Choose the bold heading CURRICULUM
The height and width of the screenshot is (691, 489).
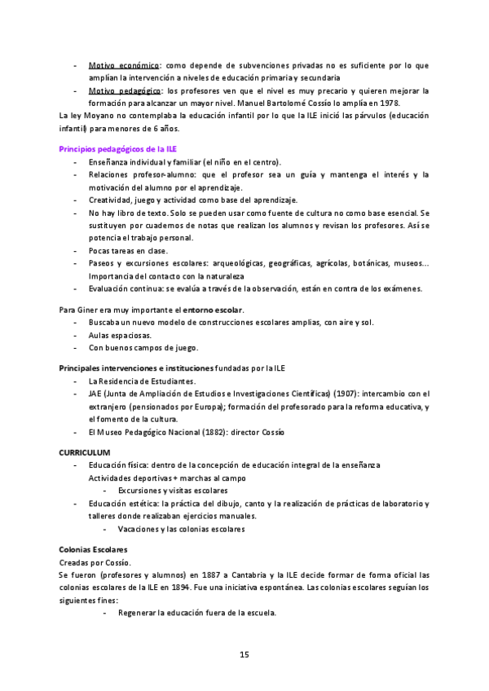[x=86, y=451]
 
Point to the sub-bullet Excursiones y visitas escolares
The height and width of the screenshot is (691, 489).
[x=172, y=491]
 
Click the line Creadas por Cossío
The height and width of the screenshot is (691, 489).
[x=95, y=562]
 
